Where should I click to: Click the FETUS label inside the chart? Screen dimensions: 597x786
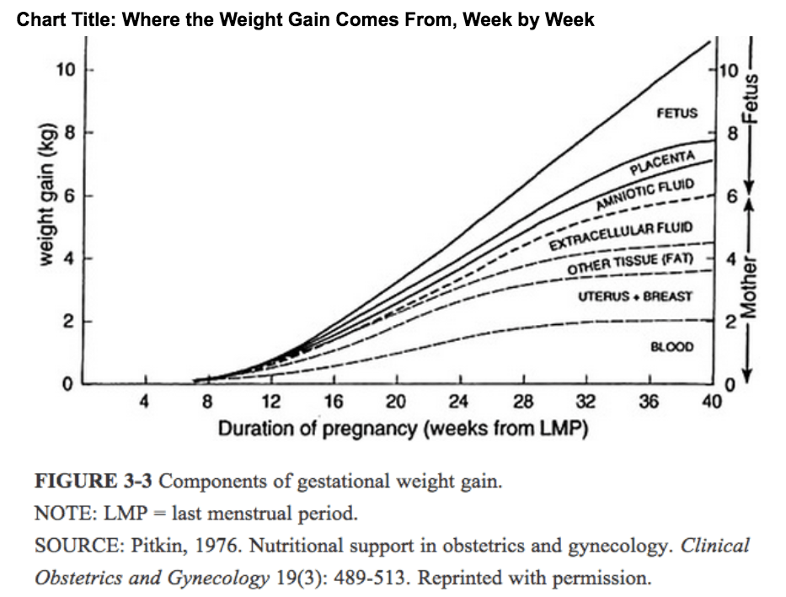click(676, 113)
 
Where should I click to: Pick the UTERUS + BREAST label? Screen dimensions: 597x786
click(635, 296)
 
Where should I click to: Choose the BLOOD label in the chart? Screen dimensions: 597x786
click(672, 347)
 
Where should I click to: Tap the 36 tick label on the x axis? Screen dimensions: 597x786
click(649, 402)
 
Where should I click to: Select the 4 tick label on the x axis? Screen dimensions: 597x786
click(144, 402)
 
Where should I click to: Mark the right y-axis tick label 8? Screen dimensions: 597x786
click(732, 133)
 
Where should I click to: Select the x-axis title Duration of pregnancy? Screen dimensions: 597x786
click(403, 429)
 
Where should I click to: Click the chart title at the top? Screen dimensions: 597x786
click(306, 19)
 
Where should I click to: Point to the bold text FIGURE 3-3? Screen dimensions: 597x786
click(94, 482)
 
